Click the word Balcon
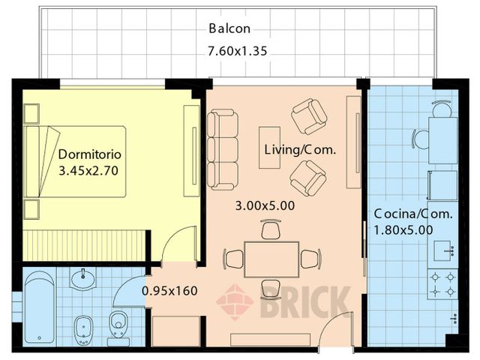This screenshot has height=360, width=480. (229, 29)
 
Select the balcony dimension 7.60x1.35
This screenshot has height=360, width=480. (237, 52)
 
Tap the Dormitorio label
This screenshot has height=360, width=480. (90, 155)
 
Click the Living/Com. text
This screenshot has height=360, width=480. (300, 149)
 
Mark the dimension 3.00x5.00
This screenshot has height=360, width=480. (265, 205)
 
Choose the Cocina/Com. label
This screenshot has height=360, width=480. (413, 214)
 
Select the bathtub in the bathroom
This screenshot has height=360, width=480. (39, 307)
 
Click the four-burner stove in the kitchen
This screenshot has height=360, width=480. (442, 283)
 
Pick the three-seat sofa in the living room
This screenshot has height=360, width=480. (223, 149)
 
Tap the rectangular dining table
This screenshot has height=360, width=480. (271, 259)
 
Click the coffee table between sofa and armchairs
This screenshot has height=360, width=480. (269, 147)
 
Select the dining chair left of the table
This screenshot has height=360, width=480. (234, 259)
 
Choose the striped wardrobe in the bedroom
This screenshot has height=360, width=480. (83, 244)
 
